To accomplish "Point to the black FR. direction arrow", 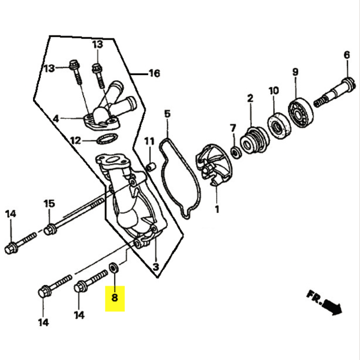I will click(331, 308).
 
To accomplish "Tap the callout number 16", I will click(154, 74).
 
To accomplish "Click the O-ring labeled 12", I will click(106, 140).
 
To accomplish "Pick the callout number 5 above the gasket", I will click(167, 113).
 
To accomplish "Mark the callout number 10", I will click(274, 91).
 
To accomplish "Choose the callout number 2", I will click(250, 98).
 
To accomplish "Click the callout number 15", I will click(49, 203).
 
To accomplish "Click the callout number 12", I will click(74, 141).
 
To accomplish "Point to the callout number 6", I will click(346, 56).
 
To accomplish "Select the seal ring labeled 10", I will click(278, 125).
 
